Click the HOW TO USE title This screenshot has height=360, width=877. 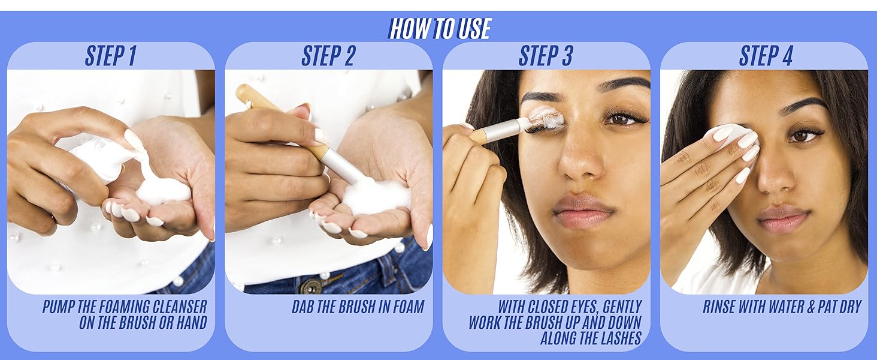(439, 28)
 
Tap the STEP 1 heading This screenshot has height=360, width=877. (110, 56)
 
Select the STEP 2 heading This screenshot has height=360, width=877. (328, 56)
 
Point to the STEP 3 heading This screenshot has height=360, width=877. (546, 56)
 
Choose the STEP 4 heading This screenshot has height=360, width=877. (766, 56)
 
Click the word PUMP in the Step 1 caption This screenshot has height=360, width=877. (59, 307)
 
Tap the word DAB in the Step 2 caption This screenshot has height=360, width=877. (303, 307)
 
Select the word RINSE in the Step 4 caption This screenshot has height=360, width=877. (719, 307)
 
